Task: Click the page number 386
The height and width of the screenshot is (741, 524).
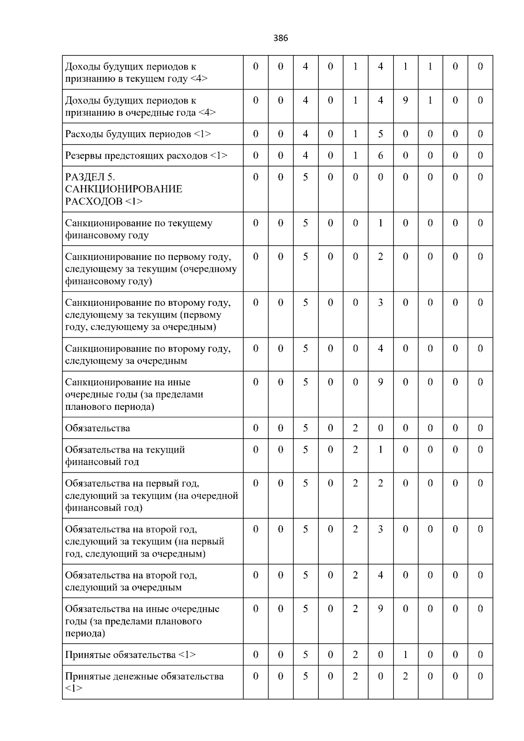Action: [x=281, y=38]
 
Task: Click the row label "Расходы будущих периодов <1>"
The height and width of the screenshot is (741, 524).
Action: [x=138, y=134]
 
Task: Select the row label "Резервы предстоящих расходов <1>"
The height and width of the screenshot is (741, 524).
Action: [x=146, y=156]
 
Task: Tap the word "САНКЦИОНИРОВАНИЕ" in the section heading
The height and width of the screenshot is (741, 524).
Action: [x=124, y=189]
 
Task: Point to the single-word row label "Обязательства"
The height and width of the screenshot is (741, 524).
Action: [x=97, y=428]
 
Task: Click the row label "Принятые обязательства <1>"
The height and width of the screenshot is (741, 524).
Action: [x=131, y=654]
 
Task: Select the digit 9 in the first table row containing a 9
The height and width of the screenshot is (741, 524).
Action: [x=405, y=100]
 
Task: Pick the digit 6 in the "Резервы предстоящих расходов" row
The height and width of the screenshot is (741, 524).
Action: [x=380, y=156]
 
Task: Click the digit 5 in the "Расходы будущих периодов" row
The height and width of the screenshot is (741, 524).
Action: [x=380, y=134]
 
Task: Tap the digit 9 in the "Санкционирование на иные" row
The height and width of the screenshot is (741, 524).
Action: [x=380, y=382]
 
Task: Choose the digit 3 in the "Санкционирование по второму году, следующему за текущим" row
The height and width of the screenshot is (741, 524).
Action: [x=380, y=302]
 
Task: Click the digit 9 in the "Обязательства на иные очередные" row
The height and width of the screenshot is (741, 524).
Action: [x=380, y=609]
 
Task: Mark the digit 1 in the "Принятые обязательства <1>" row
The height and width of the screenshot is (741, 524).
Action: [x=405, y=654]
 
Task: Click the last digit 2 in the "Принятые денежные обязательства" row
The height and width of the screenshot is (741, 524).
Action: [x=405, y=676]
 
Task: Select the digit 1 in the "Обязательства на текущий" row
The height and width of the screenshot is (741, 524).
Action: [x=380, y=450]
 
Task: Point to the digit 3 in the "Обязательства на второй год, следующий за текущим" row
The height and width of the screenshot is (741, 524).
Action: [x=380, y=529]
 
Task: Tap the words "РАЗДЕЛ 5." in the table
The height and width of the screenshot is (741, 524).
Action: [x=90, y=177]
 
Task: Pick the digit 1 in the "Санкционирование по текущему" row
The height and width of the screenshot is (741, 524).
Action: [x=380, y=223]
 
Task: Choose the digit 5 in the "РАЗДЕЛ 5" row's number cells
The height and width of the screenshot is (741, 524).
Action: [x=306, y=177]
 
